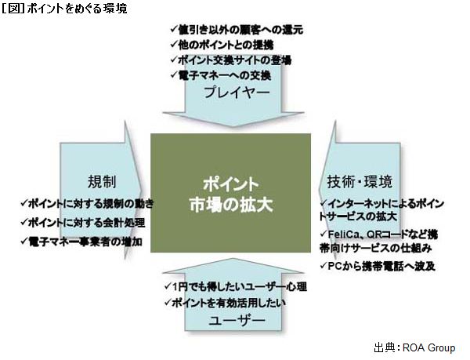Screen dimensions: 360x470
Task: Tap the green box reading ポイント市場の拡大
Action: [230, 194]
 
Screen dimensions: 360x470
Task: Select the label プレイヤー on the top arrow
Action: [237, 93]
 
